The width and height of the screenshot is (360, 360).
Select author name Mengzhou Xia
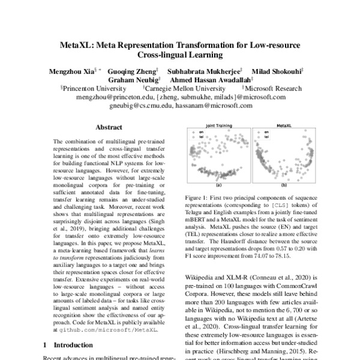(70, 70)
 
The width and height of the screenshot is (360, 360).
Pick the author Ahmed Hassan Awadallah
(211, 79)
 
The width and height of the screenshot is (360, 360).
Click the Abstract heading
(109, 127)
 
